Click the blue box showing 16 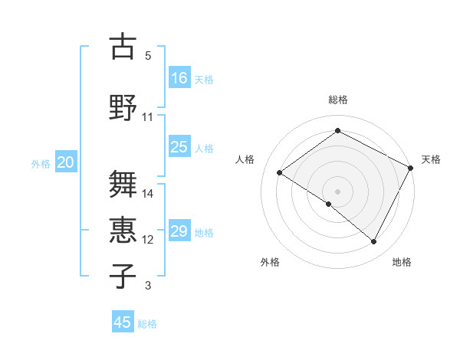click(179, 78)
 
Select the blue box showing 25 click(179, 147)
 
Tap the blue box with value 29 click(179, 231)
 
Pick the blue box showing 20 click(66, 162)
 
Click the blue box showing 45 click(123, 322)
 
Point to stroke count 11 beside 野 click(148, 117)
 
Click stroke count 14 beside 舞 click(148, 194)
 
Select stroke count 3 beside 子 click(148, 286)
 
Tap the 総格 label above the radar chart click(337, 100)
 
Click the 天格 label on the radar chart click(431, 159)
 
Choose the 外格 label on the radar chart click(269, 262)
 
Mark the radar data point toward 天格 click(410, 168)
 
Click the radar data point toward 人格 click(280, 172)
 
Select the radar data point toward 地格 click(374, 241)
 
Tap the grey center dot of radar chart click(337, 191)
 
